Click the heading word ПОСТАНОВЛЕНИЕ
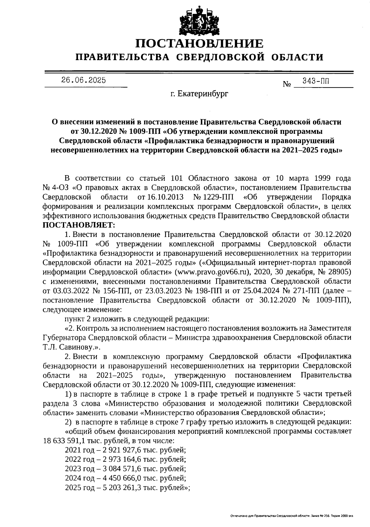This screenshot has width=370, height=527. (200, 44)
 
